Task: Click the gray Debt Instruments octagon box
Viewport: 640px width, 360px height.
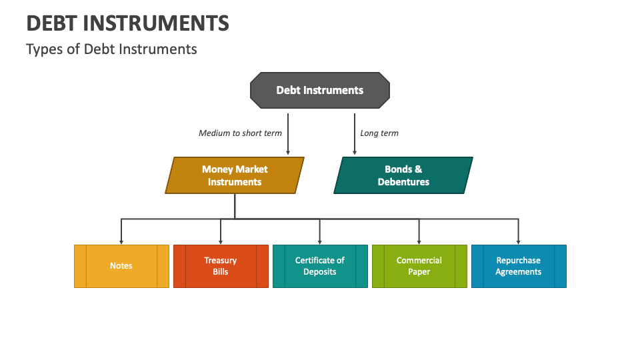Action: pyautogui.click(x=320, y=90)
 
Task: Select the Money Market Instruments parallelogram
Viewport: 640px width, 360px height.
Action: pyautogui.click(x=235, y=175)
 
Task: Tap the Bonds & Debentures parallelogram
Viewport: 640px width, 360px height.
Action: pyautogui.click(x=403, y=175)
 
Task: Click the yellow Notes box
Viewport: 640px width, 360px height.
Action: pyautogui.click(x=121, y=266)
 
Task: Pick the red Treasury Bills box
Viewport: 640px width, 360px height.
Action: pyautogui.click(x=221, y=266)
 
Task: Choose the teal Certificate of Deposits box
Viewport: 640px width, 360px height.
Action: pyautogui.click(x=320, y=266)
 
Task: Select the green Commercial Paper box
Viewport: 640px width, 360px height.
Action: pyautogui.click(x=419, y=266)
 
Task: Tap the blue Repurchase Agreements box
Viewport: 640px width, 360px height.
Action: pyautogui.click(x=519, y=266)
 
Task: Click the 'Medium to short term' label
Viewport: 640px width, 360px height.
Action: pyautogui.click(x=240, y=133)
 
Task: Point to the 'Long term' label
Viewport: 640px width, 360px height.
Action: pyautogui.click(x=379, y=133)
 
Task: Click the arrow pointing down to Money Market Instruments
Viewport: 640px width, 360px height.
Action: pyautogui.click(x=288, y=134)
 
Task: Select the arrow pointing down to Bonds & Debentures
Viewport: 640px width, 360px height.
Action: pyautogui.click(x=355, y=134)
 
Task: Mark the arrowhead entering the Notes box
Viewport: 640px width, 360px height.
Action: pyautogui.click(x=121, y=242)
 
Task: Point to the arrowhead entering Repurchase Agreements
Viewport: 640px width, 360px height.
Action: pyautogui.click(x=519, y=242)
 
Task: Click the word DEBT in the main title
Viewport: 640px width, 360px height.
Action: pyautogui.click(x=51, y=23)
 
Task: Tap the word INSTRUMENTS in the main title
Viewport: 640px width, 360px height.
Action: pyautogui.click(x=156, y=23)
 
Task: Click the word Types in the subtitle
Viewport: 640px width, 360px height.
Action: pyautogui.click(x=45, y=49)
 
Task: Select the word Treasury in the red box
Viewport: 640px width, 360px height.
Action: pyautogui.click(x=221, y=261)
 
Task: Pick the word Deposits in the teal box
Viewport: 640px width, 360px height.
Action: pyautogui.click(x=319, y=272)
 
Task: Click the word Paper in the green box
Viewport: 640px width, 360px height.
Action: pyautogui.click(x=419, y=272)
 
